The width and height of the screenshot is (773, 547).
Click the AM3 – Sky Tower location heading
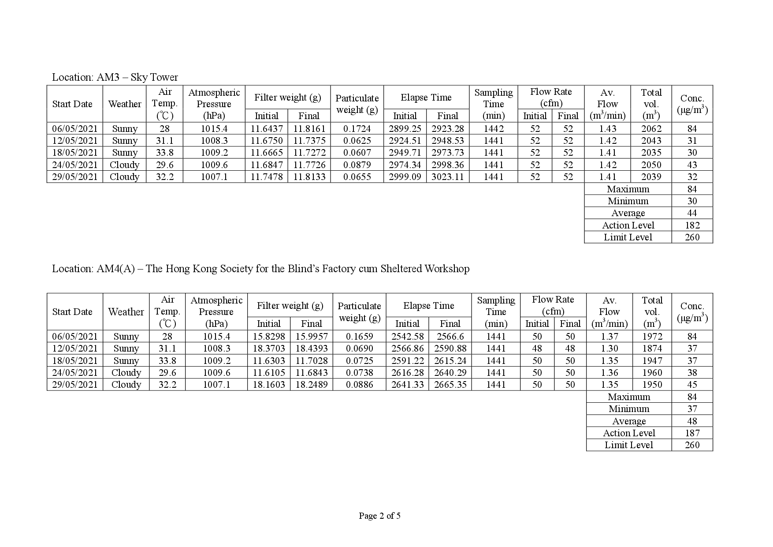tap(115, 77)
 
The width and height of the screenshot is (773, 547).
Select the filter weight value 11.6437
tap(267, 129)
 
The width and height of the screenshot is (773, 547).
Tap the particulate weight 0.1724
tap(357, 129)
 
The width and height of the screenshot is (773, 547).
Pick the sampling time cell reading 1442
tap(494, 129)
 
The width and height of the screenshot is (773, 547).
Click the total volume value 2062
tap(651, 129)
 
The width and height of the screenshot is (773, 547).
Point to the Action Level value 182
tap(692, 225)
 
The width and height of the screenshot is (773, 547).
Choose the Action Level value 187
tap(692, 433)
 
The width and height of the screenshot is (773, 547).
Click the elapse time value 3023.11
tap(448, 177)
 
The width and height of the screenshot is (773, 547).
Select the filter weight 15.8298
tap(269, 337)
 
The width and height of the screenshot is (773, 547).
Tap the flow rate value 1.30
tap(609, 348)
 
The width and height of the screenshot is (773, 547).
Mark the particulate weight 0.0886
tap(359, 385)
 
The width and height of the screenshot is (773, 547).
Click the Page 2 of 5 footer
tap(379, 516)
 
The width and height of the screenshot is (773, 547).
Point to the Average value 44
tap(692, 213)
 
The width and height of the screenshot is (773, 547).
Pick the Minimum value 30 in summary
tap(692, 201)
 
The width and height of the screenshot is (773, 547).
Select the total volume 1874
tap(652, 348)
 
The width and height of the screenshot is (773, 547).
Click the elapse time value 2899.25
tap(405, 129)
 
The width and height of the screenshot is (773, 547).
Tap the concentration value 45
tap(692, 385)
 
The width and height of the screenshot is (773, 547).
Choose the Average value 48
tap(692, 421)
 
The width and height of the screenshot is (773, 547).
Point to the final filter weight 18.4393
tap(312, 348)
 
